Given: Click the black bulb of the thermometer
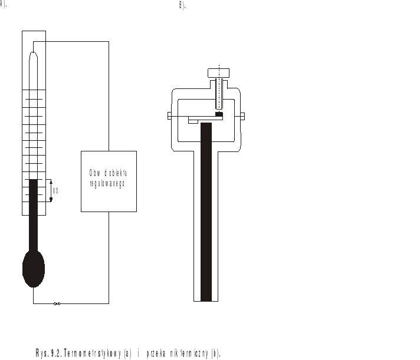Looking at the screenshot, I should [x=33, y=267].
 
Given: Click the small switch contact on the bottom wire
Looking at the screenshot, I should [x=57, y=304].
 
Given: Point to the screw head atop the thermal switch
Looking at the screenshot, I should [x=219, y=73].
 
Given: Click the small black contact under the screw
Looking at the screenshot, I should [x=219, y=114].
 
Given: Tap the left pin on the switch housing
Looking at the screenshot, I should [x=169, y=116].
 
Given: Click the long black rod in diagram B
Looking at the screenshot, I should [x=206, y=212].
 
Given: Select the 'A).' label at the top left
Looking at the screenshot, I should [x=4, y=5].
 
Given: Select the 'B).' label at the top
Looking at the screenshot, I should [x=182, y=5].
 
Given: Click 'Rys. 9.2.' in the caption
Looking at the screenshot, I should [x=48, y=353].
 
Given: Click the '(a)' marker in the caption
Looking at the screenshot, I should [x=127, y=353].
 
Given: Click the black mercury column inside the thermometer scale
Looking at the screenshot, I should [x=33, y=200].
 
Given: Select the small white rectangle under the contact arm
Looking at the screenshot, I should [x=193, y=121].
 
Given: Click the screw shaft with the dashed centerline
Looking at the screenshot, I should [x=219, y=94].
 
